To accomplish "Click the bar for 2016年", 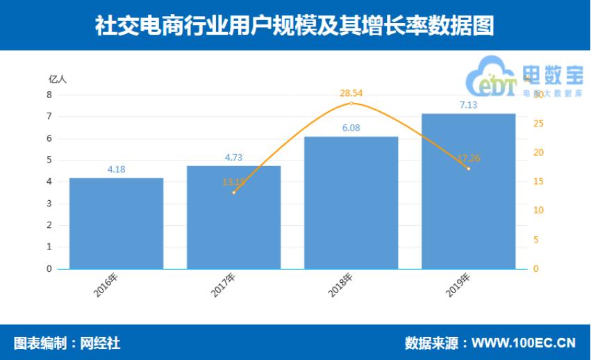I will coord(117,223).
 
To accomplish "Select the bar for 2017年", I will coord(234,217).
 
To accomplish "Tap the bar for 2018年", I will coord(351,202).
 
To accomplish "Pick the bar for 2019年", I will coord(469,191).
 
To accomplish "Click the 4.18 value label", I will coord(117,170).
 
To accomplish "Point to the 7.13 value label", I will coord(469,105).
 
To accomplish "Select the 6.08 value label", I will coord(351,128).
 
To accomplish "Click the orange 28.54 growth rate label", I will coord(351,92).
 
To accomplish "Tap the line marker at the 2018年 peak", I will coord(351,104).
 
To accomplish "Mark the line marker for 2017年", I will coord(234,193).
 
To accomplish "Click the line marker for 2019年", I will coord(469,169).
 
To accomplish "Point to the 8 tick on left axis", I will coord(49,95).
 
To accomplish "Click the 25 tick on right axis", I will coord(538,124).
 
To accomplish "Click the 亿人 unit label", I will coord(58,79).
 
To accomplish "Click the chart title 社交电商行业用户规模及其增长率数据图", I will coord(295,25).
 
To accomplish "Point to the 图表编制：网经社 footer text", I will coord(67,343).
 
